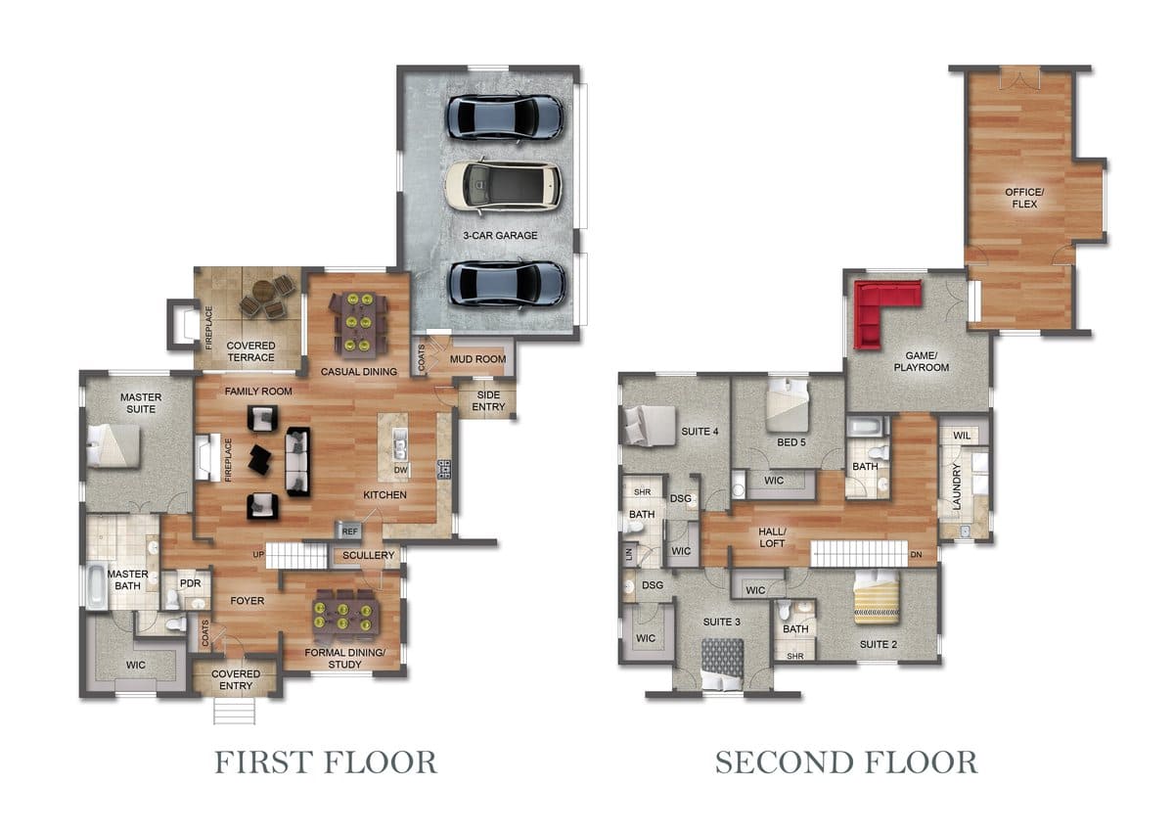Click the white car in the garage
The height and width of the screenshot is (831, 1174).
click(x=503, y=186)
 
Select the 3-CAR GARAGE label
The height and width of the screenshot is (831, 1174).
click(x=500, y=236)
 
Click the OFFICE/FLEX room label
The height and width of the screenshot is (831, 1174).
click(x=1024, y=198)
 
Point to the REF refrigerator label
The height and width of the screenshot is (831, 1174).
click(x=349, y=531)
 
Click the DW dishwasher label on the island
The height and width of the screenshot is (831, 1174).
click(x=400, y=470)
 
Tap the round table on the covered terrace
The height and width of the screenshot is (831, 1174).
click(x=262, y=290)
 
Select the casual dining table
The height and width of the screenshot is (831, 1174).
click(x=359, y=322)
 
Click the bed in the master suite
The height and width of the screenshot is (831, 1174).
click(x=113, y=445)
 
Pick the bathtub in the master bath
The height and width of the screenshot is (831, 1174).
click(x=98, y=585)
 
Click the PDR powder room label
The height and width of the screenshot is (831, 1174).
click(x=190, y=583)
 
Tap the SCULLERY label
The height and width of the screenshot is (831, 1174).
click(x=368, y=555)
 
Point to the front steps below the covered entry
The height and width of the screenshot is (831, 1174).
click(x=234, y=711)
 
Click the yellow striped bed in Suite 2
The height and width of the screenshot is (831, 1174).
click(x=877, y=597)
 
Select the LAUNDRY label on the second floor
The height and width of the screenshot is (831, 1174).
click(x=957, y=486)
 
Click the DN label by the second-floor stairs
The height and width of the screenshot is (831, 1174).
click(x=916, y=554)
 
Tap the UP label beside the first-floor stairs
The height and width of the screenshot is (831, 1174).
click(x=258, y=554)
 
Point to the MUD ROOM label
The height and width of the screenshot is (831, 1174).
click(x=478, y=359)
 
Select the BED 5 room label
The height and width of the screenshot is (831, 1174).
click(x=790, y=442)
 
